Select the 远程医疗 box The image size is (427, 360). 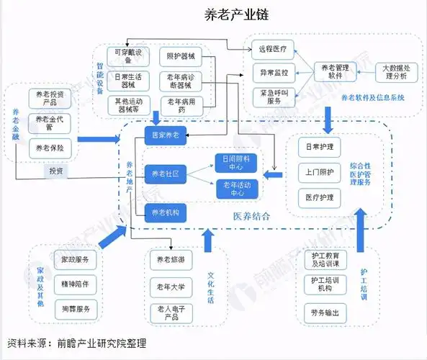coord(272,50)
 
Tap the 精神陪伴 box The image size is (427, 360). coord(75,284)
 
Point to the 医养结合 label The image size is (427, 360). coord(251,216)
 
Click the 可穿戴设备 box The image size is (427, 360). coord(127,57)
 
